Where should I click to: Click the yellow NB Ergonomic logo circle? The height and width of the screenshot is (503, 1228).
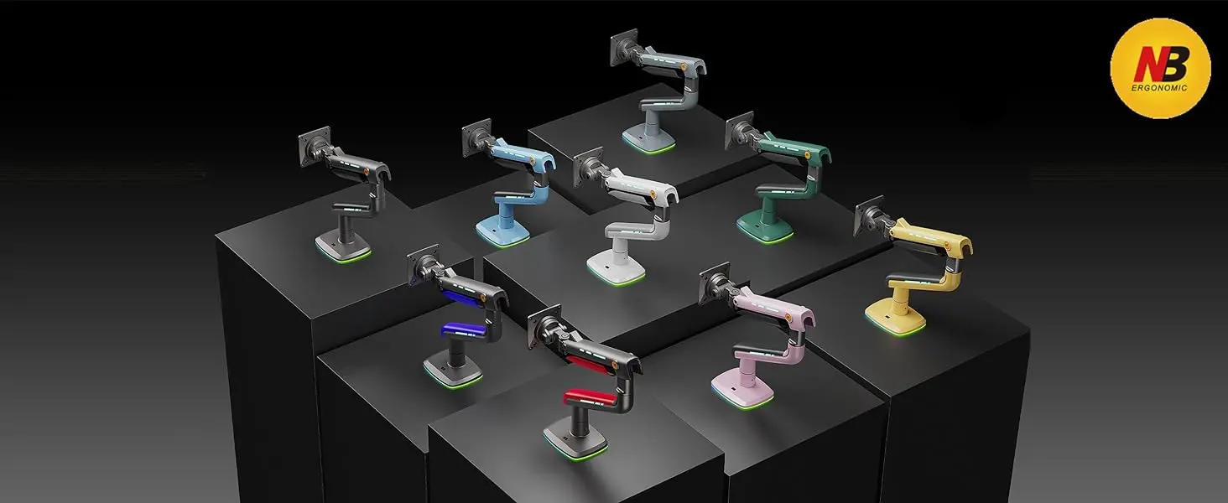coord(1161,68)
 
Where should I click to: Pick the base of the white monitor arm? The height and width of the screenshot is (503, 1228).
coord(616,267)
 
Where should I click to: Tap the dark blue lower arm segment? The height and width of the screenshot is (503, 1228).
coord(463,329)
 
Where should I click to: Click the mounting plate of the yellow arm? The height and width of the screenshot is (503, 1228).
coord(869,216)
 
